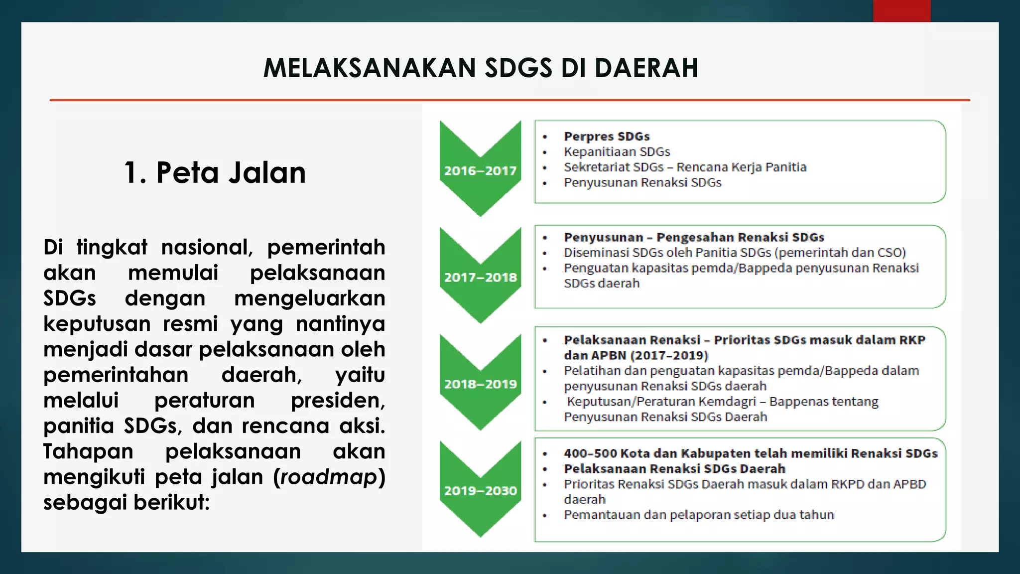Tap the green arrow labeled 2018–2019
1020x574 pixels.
coord(480,384)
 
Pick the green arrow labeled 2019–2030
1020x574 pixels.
coord(480,491)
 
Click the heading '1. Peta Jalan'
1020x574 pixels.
coord(215,173)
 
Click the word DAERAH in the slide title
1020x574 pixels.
coord(646,68)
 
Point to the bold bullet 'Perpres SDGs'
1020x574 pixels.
coord(606,137)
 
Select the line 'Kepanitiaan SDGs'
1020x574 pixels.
coord(617,152)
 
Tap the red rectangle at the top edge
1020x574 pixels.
coord(901,10)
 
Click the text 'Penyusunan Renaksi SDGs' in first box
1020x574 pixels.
coord(642,183)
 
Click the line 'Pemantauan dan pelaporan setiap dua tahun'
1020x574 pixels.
coord(698,515)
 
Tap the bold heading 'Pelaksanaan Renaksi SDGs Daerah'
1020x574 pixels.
coord(674,469)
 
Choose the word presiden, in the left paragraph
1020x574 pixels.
coord(337,401)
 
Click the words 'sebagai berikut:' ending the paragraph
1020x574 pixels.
coord(127,502)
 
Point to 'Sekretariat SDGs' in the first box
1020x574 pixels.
coord(614,167)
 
